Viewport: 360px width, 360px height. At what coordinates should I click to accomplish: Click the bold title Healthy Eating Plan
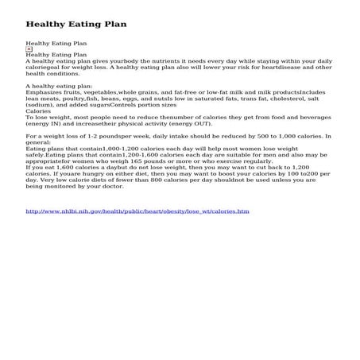(x=75, y=24)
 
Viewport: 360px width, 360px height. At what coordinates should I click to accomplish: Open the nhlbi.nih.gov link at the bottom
(x=137, y=211)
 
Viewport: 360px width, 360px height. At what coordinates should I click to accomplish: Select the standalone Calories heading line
(x=39, y=111)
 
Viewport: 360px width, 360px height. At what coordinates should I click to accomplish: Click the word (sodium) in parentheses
(x=41, y=105)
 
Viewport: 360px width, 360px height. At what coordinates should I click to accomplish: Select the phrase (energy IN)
(x=49, y=124)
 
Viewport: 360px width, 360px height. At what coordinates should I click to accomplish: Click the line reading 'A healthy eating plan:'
(x=60, y=86)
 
